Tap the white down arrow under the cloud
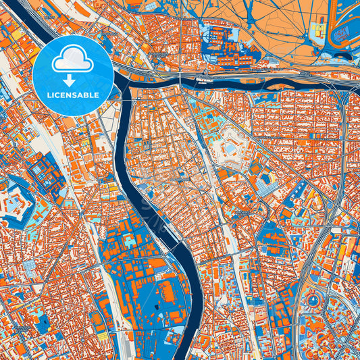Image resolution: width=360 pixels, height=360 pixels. coord(73,80)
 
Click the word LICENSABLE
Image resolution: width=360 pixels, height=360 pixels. coord(73,95)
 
